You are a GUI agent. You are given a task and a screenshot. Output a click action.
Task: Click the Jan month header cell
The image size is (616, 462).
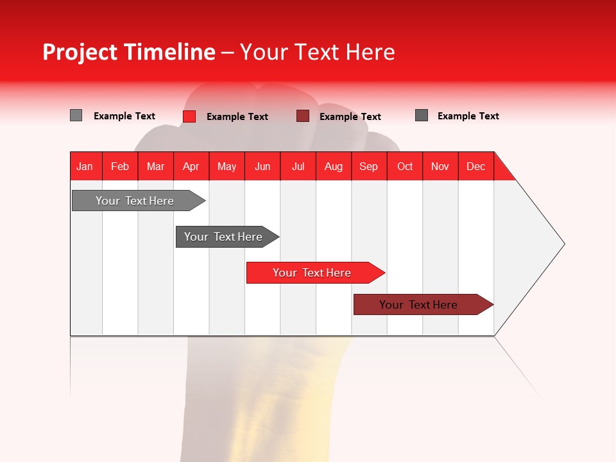[85, 166]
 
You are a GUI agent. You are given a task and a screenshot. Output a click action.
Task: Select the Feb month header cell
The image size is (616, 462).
[120, 166]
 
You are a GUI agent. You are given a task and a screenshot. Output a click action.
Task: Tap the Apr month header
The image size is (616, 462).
[191, 166]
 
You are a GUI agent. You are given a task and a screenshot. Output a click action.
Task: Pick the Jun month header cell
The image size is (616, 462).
[262, 166]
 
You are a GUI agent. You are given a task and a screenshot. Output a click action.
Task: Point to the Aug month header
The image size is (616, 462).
[334, 166]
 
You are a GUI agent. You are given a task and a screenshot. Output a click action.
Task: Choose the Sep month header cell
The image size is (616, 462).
[369, 166]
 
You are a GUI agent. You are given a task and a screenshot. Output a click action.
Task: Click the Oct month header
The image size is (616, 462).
[405, 166]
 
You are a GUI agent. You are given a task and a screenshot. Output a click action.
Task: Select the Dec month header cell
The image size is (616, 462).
[476, 166]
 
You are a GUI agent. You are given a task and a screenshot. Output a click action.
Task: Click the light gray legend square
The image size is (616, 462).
[76, 116]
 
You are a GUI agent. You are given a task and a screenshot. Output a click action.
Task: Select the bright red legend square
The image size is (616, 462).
[189, 116]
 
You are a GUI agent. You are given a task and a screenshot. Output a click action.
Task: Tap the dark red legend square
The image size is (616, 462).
[303, 116]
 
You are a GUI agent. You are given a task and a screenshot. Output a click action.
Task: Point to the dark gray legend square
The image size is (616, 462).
[422, 116]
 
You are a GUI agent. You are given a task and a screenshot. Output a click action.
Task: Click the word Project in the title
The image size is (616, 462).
[80, 52]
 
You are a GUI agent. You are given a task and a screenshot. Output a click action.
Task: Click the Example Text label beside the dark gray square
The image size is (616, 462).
[468, 116]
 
